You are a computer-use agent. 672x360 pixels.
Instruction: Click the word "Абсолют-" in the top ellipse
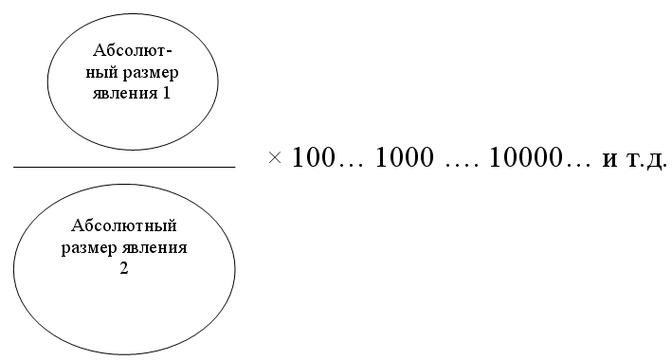[133, 50]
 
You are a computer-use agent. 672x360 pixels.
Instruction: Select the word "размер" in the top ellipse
[151, 74]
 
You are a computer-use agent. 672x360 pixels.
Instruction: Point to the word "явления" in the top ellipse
[125, 95]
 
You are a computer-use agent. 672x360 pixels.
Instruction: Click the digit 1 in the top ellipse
[166, 93]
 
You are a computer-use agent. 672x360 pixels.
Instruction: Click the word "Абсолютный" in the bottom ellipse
[124, 225]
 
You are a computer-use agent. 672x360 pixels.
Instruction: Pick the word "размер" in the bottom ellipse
[89, 249]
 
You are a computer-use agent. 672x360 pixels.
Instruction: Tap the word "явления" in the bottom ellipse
[154, 248]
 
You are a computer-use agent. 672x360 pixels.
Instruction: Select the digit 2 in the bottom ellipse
[124, 268]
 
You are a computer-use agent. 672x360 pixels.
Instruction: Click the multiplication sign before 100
[275, 157]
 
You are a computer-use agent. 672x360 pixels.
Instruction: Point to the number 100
[313, 157]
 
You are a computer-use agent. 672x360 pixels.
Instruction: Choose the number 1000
[405, 157]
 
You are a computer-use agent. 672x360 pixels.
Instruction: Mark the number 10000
[525, 157]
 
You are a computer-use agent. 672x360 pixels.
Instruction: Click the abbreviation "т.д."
[646, 159]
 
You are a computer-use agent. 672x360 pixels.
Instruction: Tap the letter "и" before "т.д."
[610, 160]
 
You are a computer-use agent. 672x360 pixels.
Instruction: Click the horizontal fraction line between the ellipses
[124, 167]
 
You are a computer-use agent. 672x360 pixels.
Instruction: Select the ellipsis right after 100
[350, 165]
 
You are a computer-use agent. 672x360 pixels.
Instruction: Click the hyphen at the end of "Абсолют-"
[169, 52]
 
